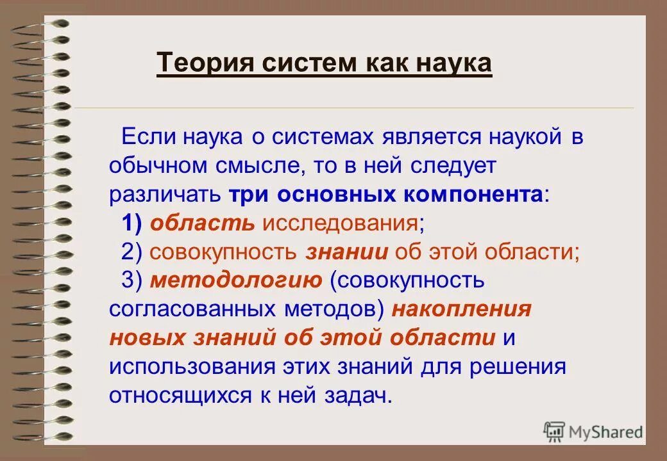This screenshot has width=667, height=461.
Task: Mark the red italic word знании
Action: coord(347,252)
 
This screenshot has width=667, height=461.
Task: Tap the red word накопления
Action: coord(461,309)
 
